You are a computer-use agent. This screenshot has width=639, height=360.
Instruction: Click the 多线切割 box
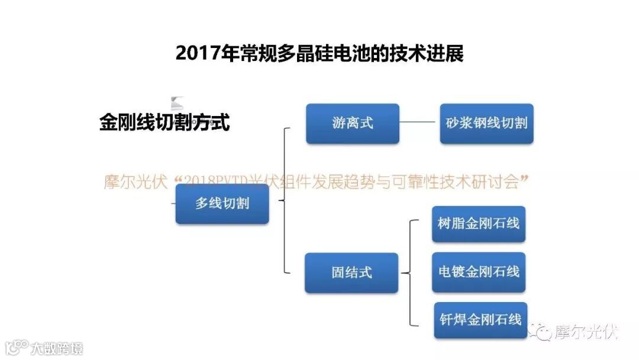[x=222, y=204]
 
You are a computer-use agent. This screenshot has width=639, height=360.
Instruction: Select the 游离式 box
[x=353, y=124]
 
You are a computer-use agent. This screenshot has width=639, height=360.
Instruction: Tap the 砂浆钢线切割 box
[x=486, y=124]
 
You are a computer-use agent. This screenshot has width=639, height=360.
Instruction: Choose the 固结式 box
[x=351, y=273]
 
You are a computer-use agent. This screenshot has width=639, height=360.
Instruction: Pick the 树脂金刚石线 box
[x=479, y=223]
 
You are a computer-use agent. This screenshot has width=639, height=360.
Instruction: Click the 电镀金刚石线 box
[x=479, y=272]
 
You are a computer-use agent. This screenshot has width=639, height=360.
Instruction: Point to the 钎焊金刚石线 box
[x=480, y=320]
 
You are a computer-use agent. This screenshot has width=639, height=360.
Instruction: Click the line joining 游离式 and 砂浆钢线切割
[x=419, y=123]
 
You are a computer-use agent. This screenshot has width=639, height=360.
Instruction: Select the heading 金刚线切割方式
[x=164, y=123]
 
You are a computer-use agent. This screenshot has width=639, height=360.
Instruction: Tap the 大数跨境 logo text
[x=57, y=348]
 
